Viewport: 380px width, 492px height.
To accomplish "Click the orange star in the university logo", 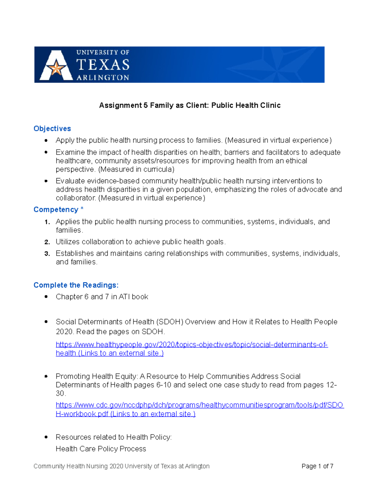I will (56, 68).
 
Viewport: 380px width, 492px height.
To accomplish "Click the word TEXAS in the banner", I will (103, 65).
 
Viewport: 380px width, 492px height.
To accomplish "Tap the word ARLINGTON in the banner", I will (103, 78).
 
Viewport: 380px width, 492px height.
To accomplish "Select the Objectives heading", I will (52, 129).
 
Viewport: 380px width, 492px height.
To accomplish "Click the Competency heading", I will (56, 210).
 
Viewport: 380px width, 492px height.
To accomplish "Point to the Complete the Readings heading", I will (76, 285).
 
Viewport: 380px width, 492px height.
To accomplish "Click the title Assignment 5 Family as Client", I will (190, 105).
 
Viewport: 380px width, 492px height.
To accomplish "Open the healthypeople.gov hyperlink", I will (192, 345).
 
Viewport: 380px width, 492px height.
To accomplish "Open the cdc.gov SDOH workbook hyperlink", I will (199, 405).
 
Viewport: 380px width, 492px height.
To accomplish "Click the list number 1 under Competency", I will (47, 222).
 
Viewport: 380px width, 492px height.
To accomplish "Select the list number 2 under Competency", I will (47, 242).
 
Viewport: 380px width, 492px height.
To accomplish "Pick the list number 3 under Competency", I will (47, 254).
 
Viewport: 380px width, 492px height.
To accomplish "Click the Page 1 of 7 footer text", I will (317, 466).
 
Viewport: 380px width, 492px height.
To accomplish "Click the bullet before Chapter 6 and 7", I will (46, 297).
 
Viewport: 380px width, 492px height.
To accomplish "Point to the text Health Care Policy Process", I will (101, 449).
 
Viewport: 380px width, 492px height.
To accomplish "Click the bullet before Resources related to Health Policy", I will (46, 437).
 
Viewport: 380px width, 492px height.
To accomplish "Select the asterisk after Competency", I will (82, 209).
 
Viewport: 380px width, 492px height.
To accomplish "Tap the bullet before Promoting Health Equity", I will (46, 376).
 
